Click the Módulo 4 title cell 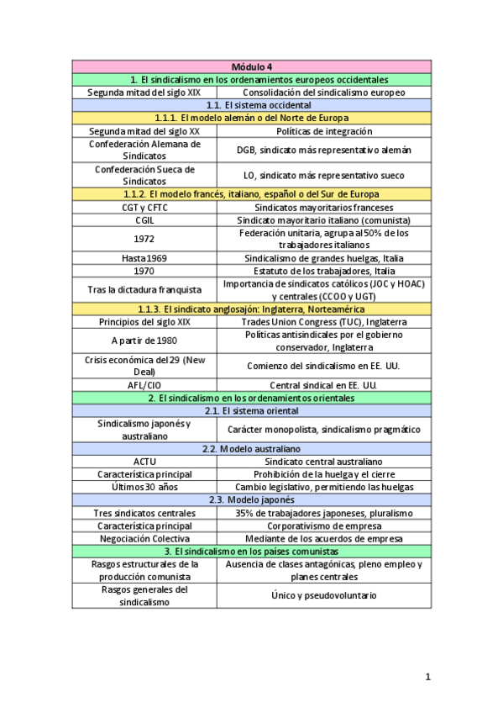251,66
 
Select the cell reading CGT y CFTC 144,207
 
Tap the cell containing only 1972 144,239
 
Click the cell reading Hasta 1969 144,258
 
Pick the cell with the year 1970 144,271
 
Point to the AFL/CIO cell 144,385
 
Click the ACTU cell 144,462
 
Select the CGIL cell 144,219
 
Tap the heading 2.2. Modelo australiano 251,449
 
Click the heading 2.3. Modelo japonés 251,499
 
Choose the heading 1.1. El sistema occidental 251,105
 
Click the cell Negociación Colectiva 144,538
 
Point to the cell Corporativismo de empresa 323,526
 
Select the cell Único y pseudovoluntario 323,595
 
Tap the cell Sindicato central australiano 323,462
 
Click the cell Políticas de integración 323,131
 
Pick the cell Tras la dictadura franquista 144,290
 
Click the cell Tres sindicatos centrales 144,513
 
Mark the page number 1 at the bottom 427,676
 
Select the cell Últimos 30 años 144,487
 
